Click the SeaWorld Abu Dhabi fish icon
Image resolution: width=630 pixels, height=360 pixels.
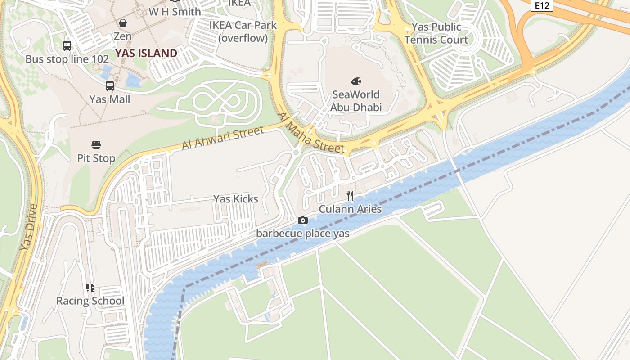pos(356,81)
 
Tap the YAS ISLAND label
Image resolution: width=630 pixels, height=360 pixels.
pos(146,54)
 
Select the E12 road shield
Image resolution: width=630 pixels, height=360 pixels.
pos(541,5)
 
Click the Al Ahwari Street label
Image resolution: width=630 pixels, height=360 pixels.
pos(223,138)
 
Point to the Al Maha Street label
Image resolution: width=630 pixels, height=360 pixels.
pos(311,133)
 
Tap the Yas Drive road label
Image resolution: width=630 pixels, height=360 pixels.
pos(29,228)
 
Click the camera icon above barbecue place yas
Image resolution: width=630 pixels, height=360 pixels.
pos(303,220)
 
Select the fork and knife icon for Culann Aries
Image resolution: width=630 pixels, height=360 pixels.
pos(350,196)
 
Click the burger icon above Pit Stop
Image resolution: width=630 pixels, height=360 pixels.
pos(96,145)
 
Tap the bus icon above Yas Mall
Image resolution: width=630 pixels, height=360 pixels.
pos(110,85)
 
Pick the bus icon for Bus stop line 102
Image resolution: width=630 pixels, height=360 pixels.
pos(67,45)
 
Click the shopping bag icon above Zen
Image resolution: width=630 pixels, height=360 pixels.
pos(123,23)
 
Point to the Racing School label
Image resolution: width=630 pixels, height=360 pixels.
pos(90,301)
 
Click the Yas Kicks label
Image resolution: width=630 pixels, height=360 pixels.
pos(236,199)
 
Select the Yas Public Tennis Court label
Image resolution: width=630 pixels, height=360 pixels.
pos(436,33)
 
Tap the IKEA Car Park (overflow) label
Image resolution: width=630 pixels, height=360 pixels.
pos(243,31)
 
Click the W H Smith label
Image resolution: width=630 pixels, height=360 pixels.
pos(175,12)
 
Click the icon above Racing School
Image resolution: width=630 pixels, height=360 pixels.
pos(90,287)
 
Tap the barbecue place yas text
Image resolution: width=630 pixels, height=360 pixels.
pos(302,234)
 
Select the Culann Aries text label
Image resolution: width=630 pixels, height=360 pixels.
pos(350,209)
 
